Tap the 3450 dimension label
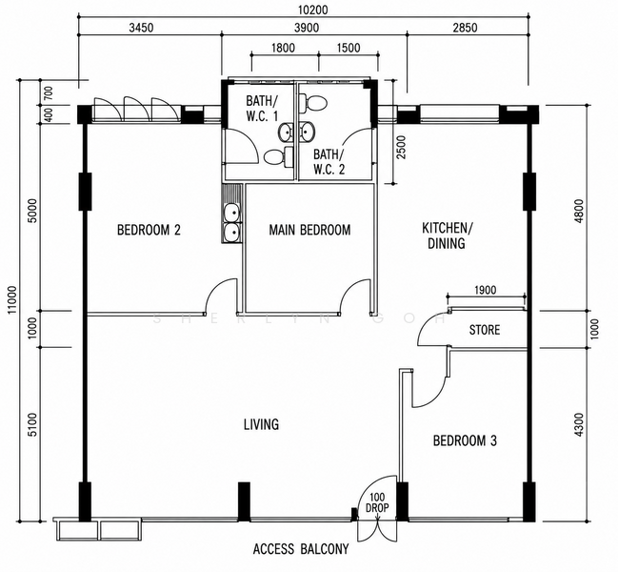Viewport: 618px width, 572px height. pyautogui.click(x=141, y=28)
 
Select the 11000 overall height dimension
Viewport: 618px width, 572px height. pyautogui.click(x=12, y=299)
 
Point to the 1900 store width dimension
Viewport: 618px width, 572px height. pyautogui.click(x=486, y=291)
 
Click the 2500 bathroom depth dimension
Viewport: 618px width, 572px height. pyautogui.click(x=401, y=147)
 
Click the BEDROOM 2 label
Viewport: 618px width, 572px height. pyautogui.click(x=149, y=230)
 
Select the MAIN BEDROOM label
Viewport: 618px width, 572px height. pyautogui.click(x=309, y=230)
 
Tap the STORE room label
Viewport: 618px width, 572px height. pyautogui.click(x=485, y=330)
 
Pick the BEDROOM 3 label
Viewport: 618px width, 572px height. pyautogui.click(x=465, y=440)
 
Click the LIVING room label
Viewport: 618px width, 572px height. pyautogui.click(x=261, y=424)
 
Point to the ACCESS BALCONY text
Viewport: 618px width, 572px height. pyautogui.click(x=301, y=549)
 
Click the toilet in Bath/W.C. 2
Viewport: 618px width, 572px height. pyautogui.click(x=313, y=103)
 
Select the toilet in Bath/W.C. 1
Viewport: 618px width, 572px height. pyautogui.click(x=278, y=157)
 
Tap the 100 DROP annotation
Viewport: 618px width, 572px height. pyautogui.click(x=377, y=502)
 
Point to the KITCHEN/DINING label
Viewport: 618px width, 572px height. pyautogui.click(x=447, y=235)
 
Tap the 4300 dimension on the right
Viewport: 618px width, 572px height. pyautogui.click(x=579, y=424)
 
